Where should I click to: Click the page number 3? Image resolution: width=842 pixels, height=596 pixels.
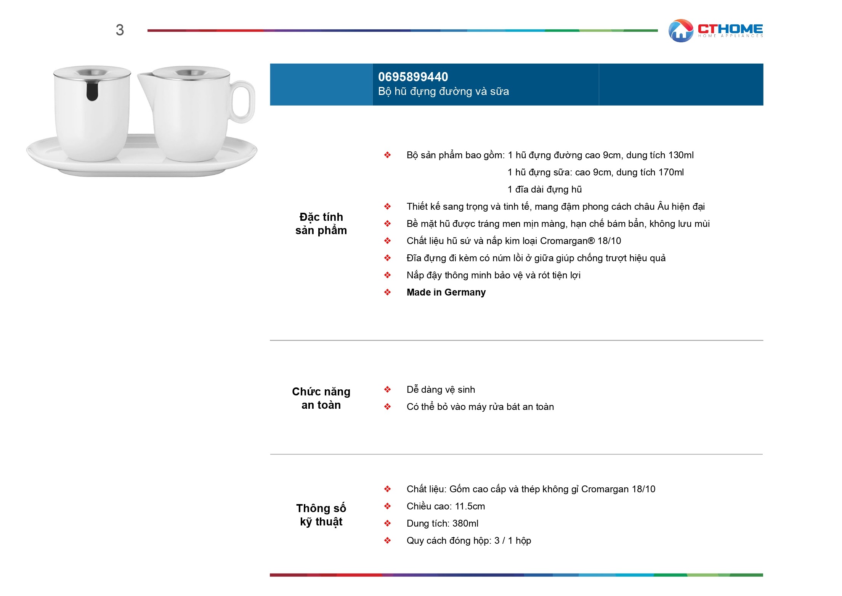(120, 30)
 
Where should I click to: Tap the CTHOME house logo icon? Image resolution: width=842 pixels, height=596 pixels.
(681, 31)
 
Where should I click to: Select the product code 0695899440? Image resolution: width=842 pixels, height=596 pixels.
(413, 77)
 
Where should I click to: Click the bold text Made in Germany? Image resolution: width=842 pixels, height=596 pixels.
(446, 292)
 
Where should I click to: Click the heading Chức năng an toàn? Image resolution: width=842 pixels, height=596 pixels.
(321, 398)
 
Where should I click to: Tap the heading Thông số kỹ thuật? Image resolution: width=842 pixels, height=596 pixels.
(321, 515)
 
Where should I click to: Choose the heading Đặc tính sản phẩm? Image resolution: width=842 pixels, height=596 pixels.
(321, 223)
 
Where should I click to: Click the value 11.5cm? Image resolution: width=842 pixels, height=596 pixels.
(470, 506)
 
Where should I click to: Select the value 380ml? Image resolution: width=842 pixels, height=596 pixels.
(465, 524)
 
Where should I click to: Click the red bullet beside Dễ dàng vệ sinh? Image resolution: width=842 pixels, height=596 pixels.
(387, 389)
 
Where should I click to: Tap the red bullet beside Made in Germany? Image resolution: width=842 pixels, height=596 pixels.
(387, 292)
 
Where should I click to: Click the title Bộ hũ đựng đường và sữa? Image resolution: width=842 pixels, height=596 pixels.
(443, 92)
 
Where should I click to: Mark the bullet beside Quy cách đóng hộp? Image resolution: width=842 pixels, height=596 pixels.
(387, 541)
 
